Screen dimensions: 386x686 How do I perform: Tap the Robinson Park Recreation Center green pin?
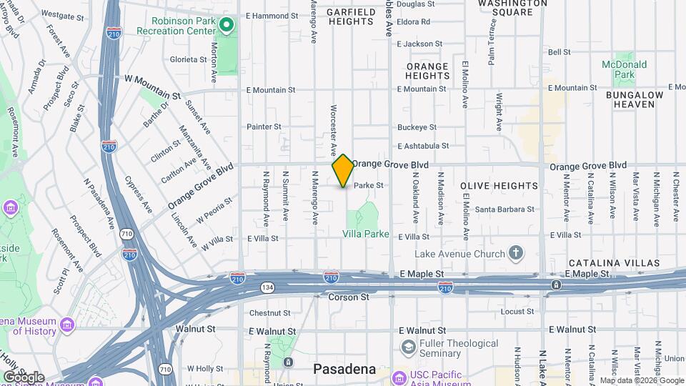(227, 26)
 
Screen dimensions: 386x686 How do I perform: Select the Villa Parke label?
(366, 234)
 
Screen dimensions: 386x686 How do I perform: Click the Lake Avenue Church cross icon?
(515, 252)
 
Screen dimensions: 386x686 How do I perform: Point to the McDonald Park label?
(624, 69)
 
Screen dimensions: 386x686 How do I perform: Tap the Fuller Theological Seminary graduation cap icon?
(408, 347)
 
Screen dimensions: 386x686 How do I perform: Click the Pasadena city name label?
(344, 369)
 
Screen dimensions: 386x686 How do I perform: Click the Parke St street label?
(369, 185)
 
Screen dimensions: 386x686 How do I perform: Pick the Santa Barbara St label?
(505, 209)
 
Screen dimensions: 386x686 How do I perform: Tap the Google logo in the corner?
(23, 377)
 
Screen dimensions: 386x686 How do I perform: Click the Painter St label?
(264, 127)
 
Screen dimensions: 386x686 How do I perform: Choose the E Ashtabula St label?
(423, 145)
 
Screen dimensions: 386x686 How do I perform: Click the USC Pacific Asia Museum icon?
(400, 375)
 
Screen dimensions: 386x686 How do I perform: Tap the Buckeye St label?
(417, 127)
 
